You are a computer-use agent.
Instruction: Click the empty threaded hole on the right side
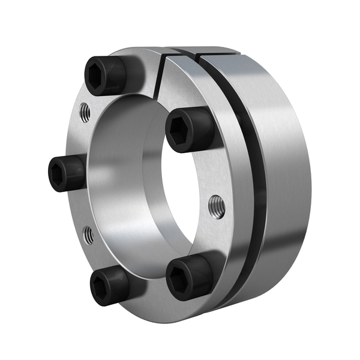(x=216, y=206)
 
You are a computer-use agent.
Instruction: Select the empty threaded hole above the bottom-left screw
(x=88, y=235)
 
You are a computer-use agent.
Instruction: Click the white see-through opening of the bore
(x=177, y=198)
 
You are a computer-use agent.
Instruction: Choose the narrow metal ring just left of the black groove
(x=243, y=180)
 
